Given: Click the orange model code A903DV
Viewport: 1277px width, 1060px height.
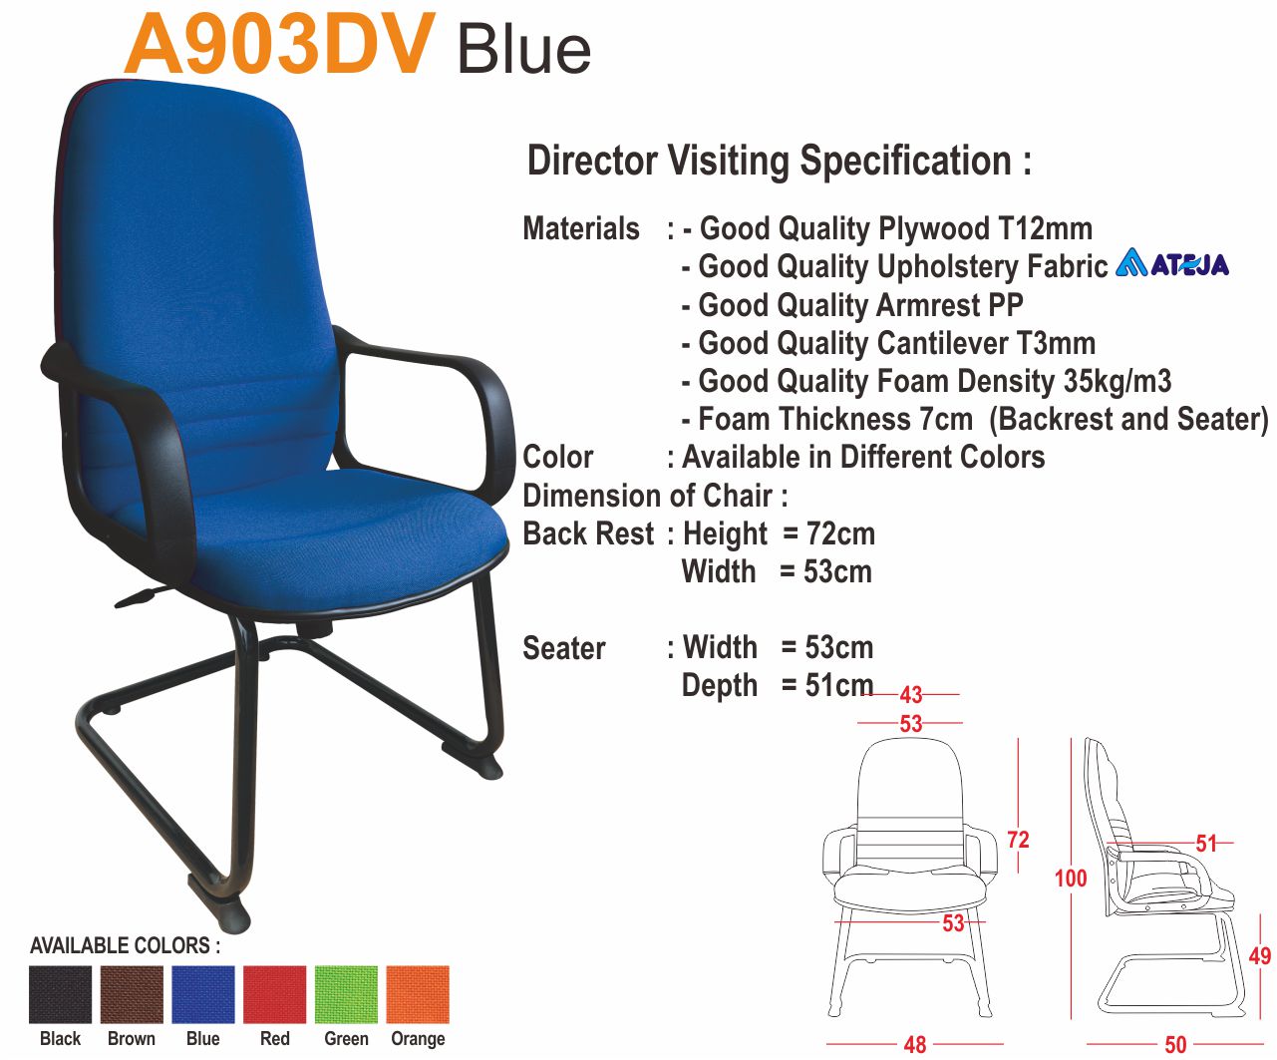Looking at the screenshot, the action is coord(279,44).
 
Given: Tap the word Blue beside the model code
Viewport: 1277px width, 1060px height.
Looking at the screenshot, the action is coord(524,50).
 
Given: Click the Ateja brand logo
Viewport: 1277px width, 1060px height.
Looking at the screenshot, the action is coord(1171,262).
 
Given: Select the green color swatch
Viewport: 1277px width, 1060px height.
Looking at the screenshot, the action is coord(346,994).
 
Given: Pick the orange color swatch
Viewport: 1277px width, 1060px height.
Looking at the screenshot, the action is coord(418,994).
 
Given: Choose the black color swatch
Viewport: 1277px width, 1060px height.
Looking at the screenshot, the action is coord(60,994).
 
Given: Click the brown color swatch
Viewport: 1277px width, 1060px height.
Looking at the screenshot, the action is coord(132,994).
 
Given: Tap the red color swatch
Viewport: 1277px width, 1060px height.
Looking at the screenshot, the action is coord(274,994).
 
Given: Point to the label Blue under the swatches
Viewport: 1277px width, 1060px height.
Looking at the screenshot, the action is coord(203,1039).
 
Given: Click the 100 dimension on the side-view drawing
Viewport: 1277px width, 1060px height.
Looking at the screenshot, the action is coord(1071,879).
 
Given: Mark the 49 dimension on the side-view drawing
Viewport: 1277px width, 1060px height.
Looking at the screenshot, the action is coord(1260,955).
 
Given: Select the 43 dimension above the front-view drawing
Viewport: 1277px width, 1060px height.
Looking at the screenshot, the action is coord(911,695).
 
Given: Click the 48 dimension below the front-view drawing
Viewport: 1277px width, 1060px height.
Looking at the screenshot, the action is coord(915,1045).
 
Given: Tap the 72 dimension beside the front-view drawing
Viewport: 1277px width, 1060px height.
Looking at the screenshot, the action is coord(1018,840).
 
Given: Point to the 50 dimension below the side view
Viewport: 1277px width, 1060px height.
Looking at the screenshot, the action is coord(1175,1045).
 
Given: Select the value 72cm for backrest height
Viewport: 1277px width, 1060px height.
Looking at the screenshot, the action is coord(840,533).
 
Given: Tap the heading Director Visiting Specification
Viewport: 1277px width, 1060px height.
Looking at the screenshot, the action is coord(780,162).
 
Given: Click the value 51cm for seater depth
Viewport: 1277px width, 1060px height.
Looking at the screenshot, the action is coord(839,685).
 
